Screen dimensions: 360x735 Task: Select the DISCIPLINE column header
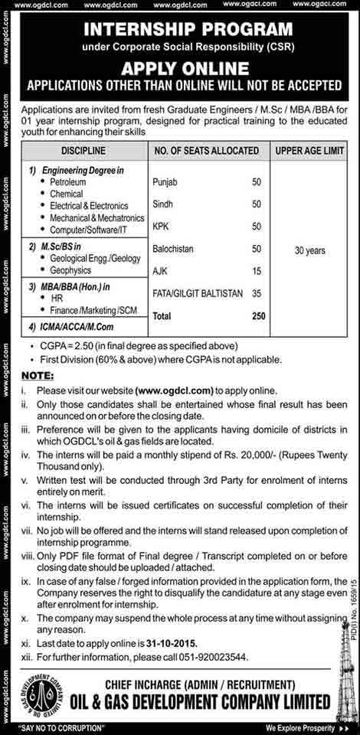[x=77, y=150]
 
